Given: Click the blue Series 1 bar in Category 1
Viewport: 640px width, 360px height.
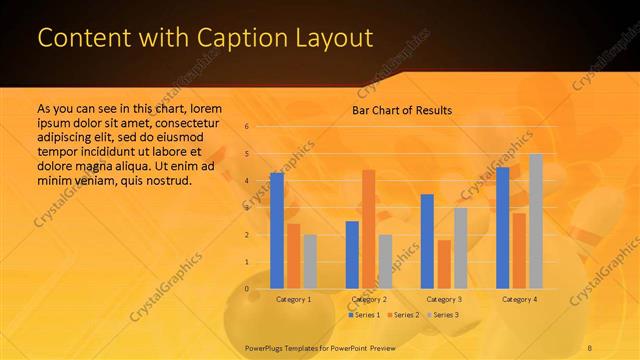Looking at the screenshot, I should (277, 230).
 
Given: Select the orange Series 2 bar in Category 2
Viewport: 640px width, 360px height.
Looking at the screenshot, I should (368, 229).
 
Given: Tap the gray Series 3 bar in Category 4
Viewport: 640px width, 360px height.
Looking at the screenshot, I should (535, 221).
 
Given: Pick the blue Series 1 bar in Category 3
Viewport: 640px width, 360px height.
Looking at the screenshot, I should (427, 241).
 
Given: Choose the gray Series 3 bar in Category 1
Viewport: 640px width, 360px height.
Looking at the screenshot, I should (310, 261).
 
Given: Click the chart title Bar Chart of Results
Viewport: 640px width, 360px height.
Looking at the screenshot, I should (402, 110).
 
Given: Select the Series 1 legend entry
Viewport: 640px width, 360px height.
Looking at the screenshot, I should (365, 315).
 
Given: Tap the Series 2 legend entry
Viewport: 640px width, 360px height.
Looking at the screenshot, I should (402, 315).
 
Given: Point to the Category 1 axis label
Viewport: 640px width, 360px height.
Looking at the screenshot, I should (293, 299).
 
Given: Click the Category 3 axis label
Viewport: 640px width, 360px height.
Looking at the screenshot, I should (443, 299).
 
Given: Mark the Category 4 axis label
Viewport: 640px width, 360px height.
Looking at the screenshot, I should (519, 299).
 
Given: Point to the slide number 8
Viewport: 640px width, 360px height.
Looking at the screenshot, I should (591, 347).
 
